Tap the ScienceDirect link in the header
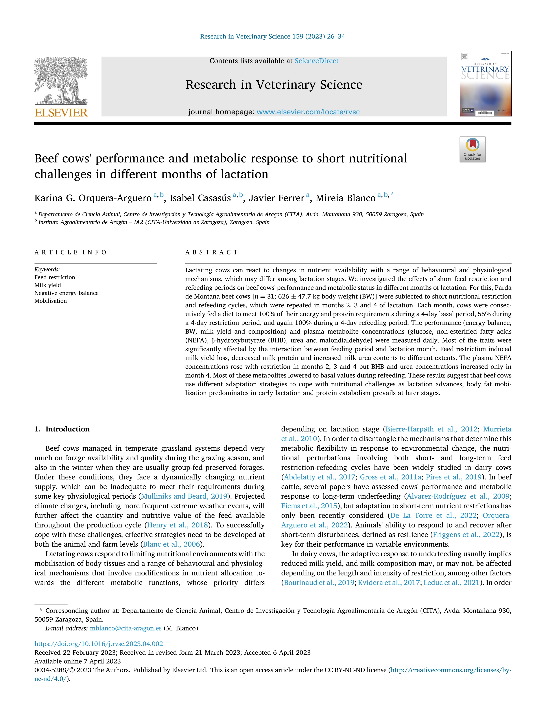[x=316, y=61]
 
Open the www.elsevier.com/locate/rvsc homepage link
[x=308, y=112]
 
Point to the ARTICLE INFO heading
[x=70, y=252]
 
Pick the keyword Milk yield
[x=48, y=285]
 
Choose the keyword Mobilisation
[x=51, y=301]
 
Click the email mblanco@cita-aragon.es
[x=126, y=628]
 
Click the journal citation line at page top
[x=273, y=37]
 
